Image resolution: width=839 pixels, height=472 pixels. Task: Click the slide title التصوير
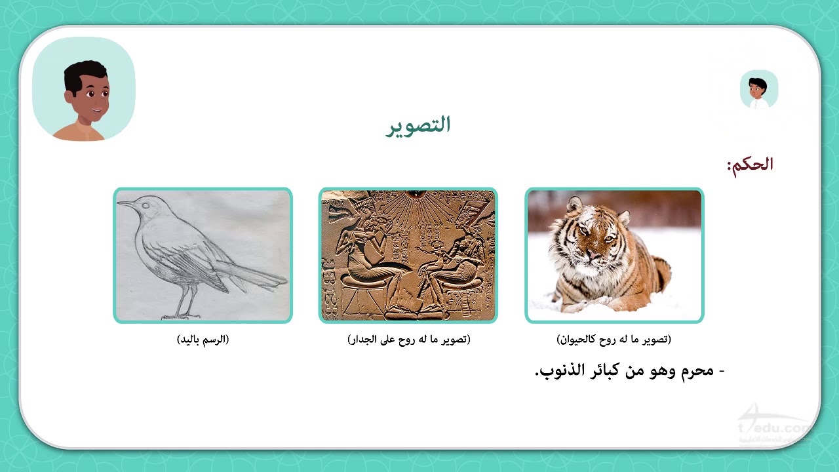418,125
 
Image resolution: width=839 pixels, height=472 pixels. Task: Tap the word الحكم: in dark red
750,165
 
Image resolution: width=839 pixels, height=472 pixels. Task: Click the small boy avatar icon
758,90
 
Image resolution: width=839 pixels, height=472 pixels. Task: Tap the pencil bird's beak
125,204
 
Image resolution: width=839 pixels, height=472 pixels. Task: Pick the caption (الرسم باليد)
203,340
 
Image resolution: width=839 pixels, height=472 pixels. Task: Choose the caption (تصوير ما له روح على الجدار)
408,340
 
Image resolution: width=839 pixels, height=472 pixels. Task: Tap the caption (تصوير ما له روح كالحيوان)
614,340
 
